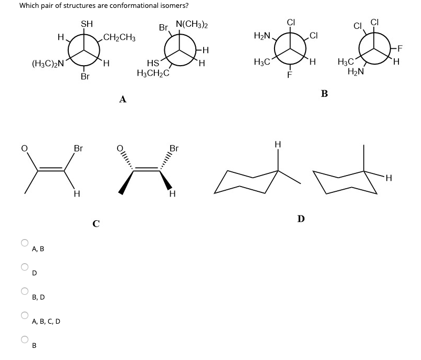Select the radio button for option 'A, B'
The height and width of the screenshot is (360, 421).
[x=24, y=243]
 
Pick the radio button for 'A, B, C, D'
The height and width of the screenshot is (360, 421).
[x=24, y=315]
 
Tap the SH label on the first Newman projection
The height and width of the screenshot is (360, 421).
[x=87, y=23]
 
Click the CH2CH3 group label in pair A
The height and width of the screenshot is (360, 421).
[x=120, y=38]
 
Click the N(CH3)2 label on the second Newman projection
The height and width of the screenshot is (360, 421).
[x=192, y=25]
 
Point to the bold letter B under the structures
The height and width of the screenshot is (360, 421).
[x=324, y=94]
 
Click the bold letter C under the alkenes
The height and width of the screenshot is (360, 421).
[x=96, y=223]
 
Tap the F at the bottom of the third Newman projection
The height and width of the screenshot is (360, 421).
[x=289, y=74]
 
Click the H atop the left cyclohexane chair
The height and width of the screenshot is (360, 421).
[x=278, y=143]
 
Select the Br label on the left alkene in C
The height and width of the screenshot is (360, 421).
[x=78, y=148]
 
